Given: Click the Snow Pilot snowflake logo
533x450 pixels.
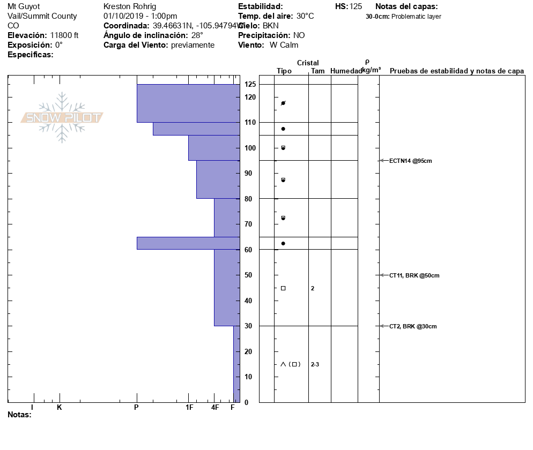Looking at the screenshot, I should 62,117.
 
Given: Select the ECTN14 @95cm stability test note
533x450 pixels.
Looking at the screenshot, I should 411,160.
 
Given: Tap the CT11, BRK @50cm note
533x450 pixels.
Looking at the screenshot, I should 414,275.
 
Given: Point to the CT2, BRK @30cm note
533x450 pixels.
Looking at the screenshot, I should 412,326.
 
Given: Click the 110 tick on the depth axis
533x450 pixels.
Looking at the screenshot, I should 250,123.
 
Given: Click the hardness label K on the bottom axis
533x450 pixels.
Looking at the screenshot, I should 60,408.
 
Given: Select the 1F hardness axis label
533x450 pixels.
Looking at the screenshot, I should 189,408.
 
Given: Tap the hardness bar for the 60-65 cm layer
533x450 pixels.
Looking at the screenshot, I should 188,243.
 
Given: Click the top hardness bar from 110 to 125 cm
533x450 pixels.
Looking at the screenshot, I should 188,103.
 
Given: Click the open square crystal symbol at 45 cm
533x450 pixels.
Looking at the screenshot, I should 283,288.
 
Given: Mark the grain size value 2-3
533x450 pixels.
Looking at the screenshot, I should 315,365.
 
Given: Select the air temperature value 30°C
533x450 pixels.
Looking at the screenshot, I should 305,16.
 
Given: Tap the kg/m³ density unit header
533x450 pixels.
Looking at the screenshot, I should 371,70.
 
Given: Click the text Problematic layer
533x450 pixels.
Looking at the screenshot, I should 417,17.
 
